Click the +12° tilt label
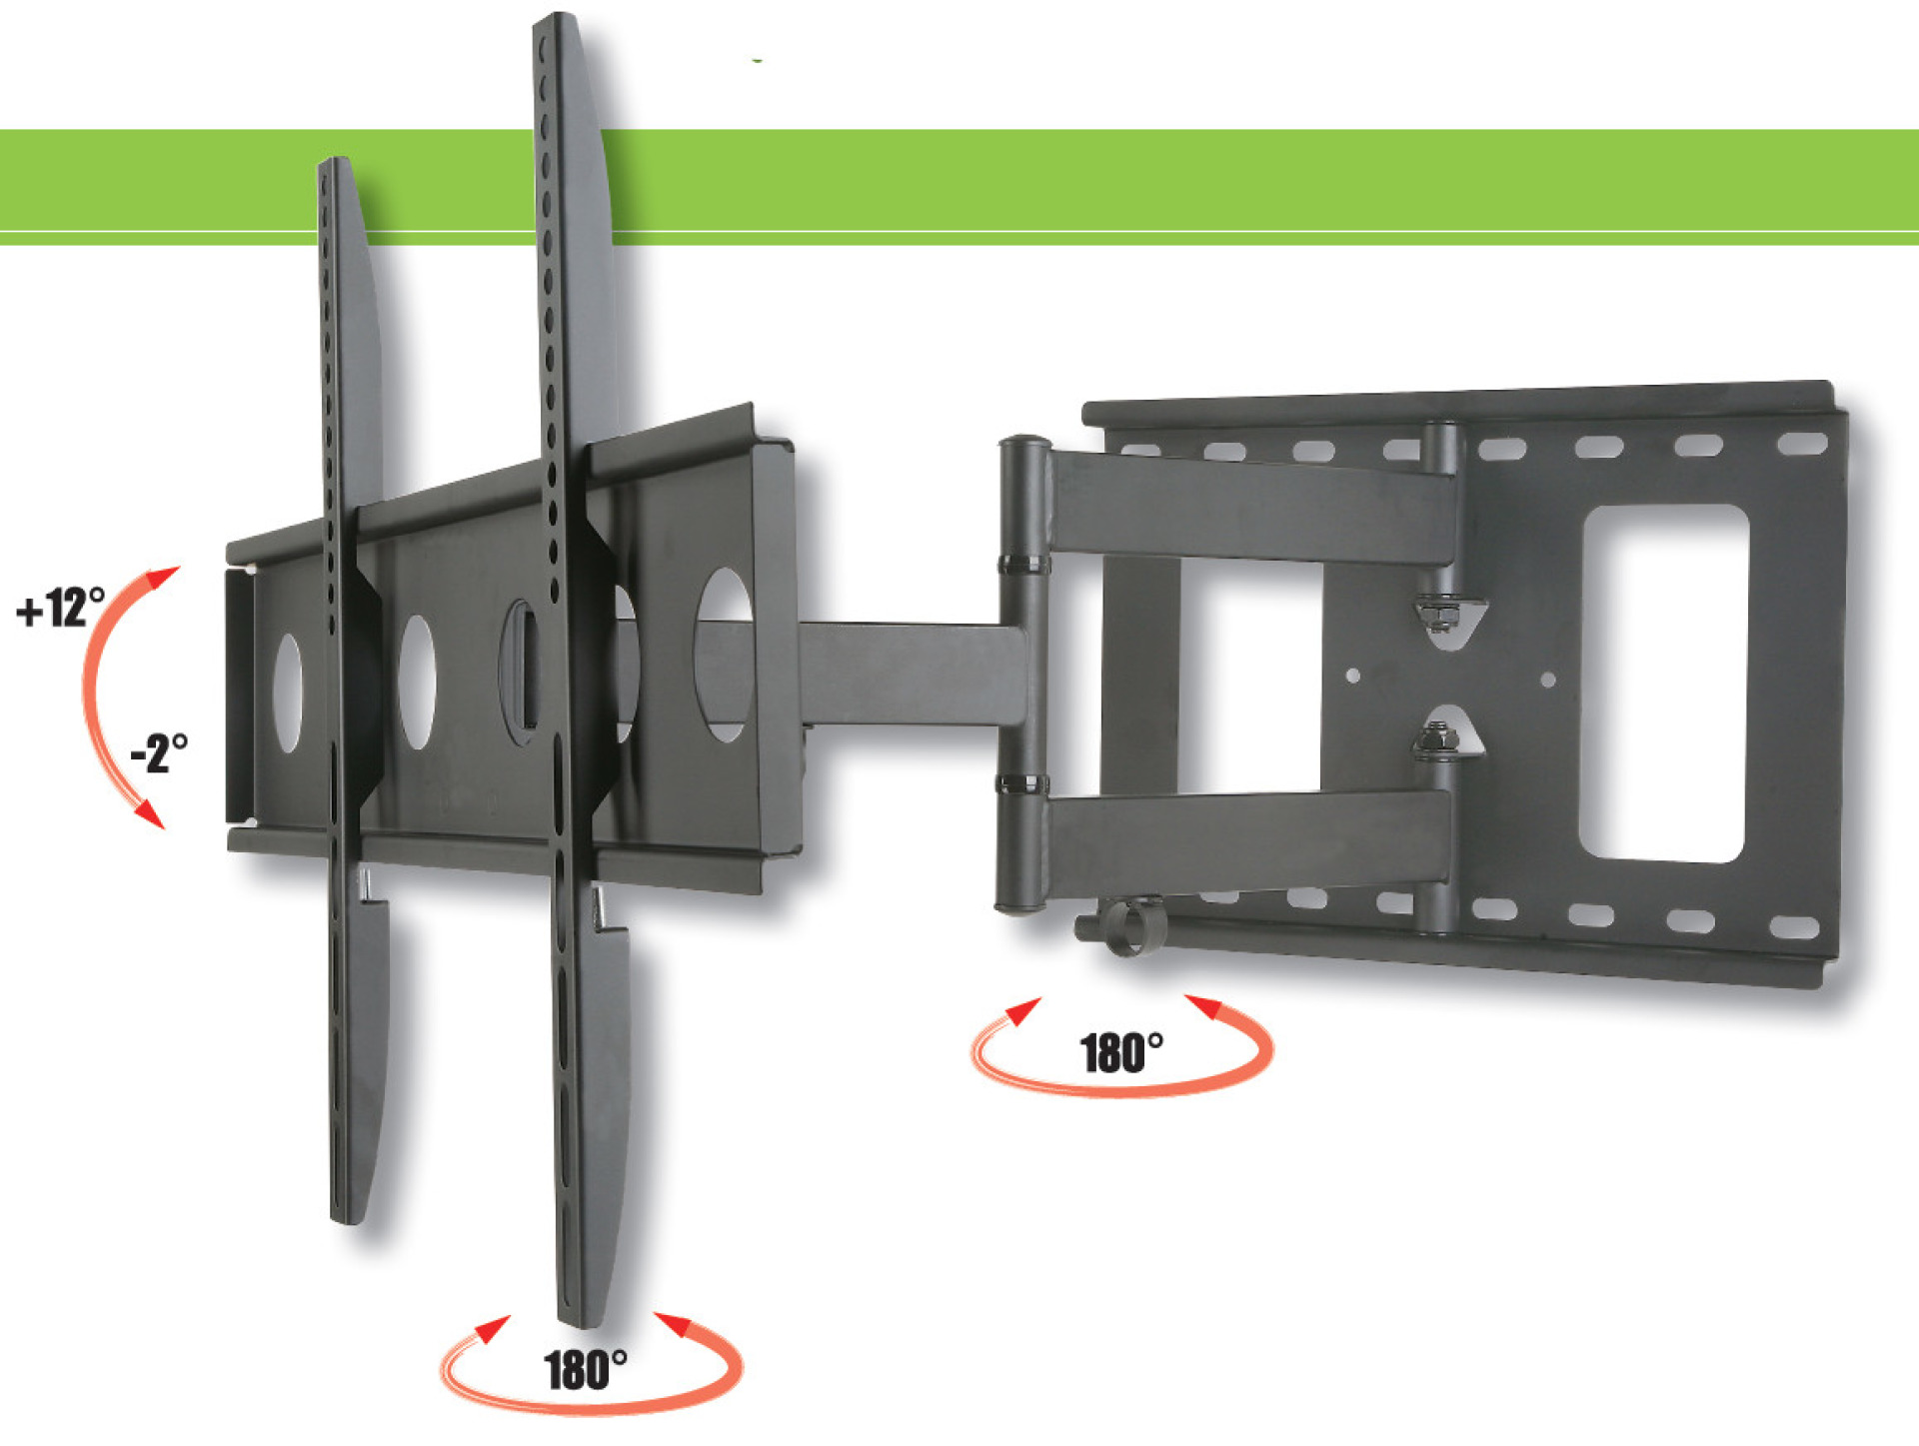[x=61, y=607]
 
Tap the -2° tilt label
[x=159, y=752]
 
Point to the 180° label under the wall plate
[x=1121, y=1053]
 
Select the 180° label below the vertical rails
[x=586, y=1369]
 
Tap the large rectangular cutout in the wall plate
[x=1663, y=683]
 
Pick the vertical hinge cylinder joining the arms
[x=1022, y=675]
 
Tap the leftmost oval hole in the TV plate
[x=288, y=692]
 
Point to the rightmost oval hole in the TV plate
[x=724, y=655]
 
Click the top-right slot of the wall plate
[x=1802, y=442]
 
